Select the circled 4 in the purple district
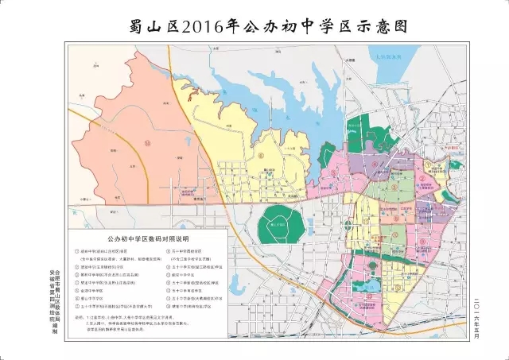[373, 166]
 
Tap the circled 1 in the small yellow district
[427, 165]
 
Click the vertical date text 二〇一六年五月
[476, 302]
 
